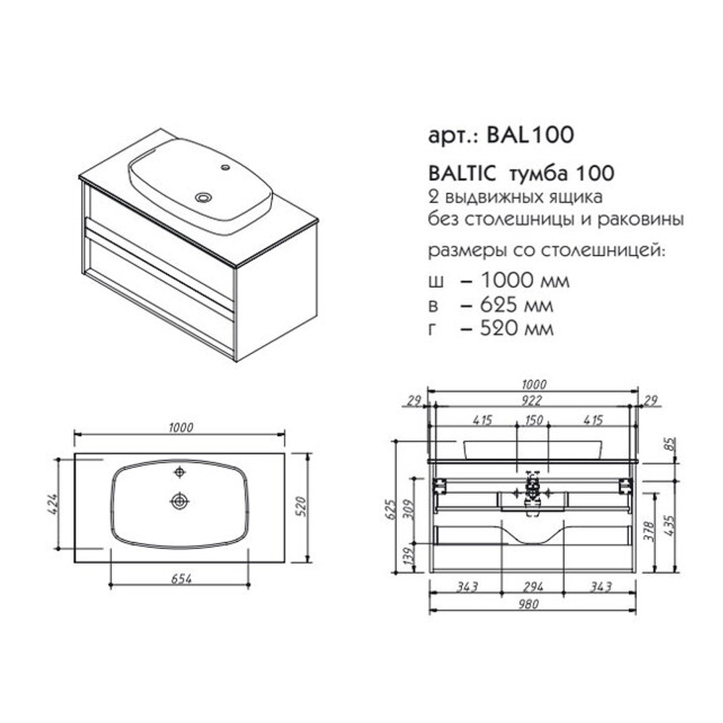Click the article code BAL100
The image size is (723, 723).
pos(530,134)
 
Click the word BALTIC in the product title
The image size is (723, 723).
pos(462,174)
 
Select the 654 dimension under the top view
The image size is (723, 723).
pos(181,578)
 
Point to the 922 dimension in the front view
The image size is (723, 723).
pos(531,401)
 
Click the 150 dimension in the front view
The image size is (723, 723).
pos(534,420)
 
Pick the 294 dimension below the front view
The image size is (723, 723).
pos(533,587)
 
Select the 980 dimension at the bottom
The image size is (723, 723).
pos(528,604)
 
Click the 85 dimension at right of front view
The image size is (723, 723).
pos(671,444)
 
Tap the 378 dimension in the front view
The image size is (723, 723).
pos(649,531)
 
